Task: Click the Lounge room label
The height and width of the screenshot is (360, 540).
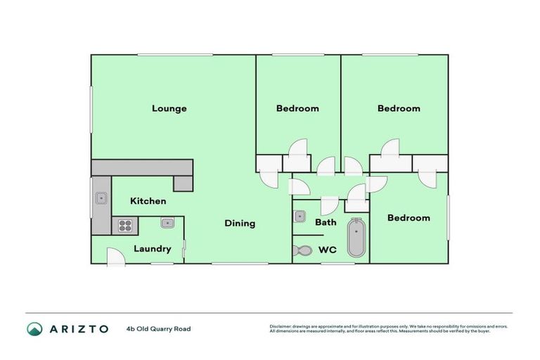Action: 169,108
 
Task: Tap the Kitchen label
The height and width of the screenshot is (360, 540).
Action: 148,201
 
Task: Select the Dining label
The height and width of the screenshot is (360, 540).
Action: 240,224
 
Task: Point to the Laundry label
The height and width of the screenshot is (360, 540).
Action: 152,249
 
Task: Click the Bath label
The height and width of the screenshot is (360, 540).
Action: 326,222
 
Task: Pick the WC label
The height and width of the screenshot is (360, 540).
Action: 328,249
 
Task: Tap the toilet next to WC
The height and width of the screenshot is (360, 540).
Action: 303,250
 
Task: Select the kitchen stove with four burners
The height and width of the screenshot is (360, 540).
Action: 125,226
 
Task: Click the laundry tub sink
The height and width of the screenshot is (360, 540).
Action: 167,224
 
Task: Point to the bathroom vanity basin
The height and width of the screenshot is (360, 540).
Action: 299,216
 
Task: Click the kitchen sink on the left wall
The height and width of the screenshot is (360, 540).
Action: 101,198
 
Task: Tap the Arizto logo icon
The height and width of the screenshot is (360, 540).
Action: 34,328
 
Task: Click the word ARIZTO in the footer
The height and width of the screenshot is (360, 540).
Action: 78,328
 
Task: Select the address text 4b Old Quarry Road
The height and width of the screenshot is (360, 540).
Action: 158,328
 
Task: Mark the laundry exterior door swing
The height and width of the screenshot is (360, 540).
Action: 117,257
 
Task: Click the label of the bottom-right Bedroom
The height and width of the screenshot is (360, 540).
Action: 409,218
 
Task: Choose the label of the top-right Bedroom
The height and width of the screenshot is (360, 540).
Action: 399,108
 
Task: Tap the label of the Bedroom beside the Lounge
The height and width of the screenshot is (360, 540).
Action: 297,108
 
